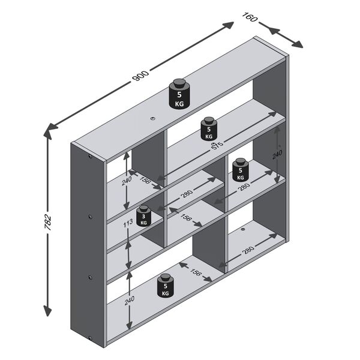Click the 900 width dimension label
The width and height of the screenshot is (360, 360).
click(x=140, y=76)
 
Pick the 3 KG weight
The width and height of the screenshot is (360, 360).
click(x=143, y=216)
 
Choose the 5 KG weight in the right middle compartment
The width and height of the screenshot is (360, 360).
click(x=240, y=170)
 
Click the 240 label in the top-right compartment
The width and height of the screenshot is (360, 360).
click(x=277, y=154)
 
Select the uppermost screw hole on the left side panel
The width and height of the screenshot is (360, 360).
click(x=89, y=157)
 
